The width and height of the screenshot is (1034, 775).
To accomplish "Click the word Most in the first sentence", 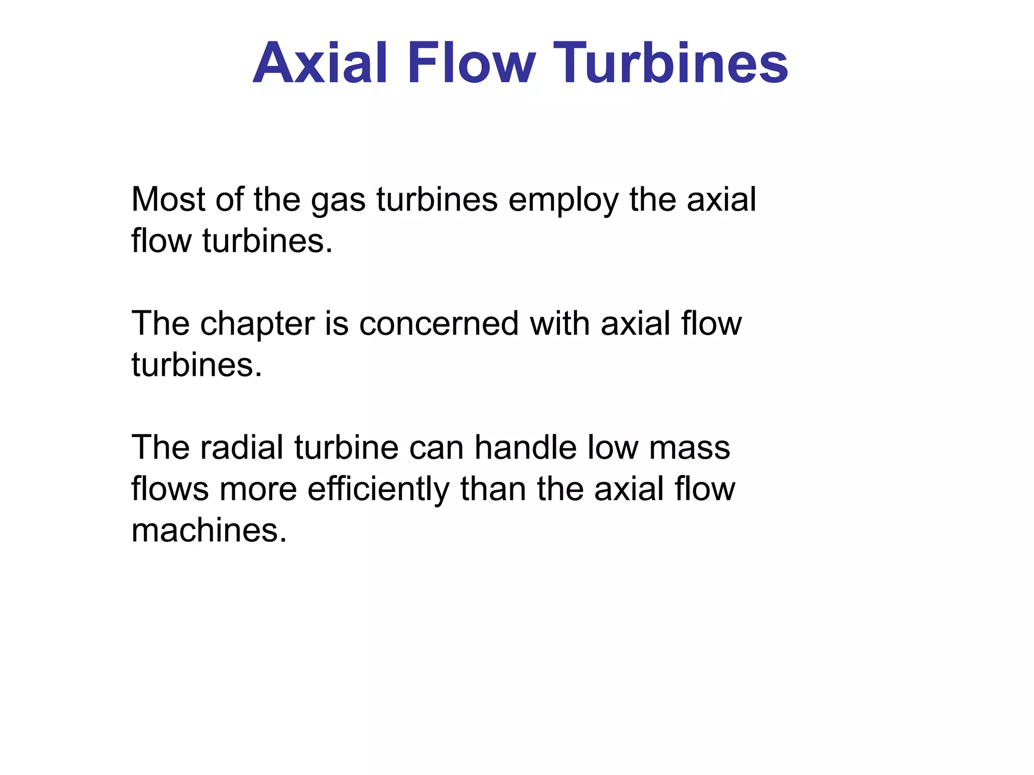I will click(168, 199).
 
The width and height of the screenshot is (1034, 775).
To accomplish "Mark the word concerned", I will click(439, 323).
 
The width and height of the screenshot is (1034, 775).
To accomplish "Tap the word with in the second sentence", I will click(559, 323).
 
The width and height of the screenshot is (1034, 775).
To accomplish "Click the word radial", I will click(242, 448).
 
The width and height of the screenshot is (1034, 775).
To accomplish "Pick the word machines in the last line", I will click(209, 531).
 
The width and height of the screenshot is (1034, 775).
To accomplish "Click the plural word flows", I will click(170, 489).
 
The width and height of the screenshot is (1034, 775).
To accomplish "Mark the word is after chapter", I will click(336, 323).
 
